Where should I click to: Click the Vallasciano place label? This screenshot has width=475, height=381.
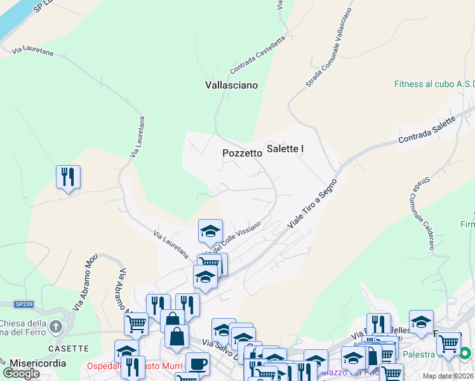pyautogui.click(x=231, y=84)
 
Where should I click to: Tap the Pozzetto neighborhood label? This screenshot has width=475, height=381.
pyautogui.click(x=242, y=153)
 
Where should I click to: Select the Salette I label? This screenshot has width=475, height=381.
pyautogui.click(x=285, y=149)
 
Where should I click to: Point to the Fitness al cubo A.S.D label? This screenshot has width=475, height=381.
pyautogui.click(x=434, y=84)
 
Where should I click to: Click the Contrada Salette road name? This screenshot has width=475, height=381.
pyautogui.click(x=427, y=130)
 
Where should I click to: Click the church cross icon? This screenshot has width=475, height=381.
pyautogui.click(x=56, y=328)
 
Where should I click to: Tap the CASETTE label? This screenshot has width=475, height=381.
pyautogui.click(x=67, y=348)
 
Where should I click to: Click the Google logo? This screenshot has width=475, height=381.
pyautogui.click(x=22, y=373)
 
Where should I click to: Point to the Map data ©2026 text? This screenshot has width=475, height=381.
pyautogui.click(x=447, y=376)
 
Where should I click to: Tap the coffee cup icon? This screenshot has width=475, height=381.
pyautogui.click(x=197, y=364)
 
